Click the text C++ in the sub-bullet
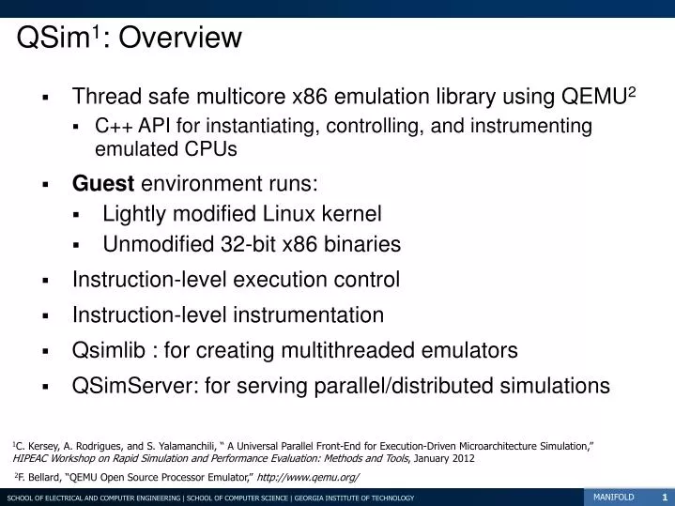coord(115,126)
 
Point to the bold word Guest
coord(103,184)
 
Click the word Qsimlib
coord(114,350)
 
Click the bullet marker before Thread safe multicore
coord(45,98)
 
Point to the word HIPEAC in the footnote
coord(34,458)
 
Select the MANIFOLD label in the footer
coord(613,497)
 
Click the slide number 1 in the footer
coord(664,497)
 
